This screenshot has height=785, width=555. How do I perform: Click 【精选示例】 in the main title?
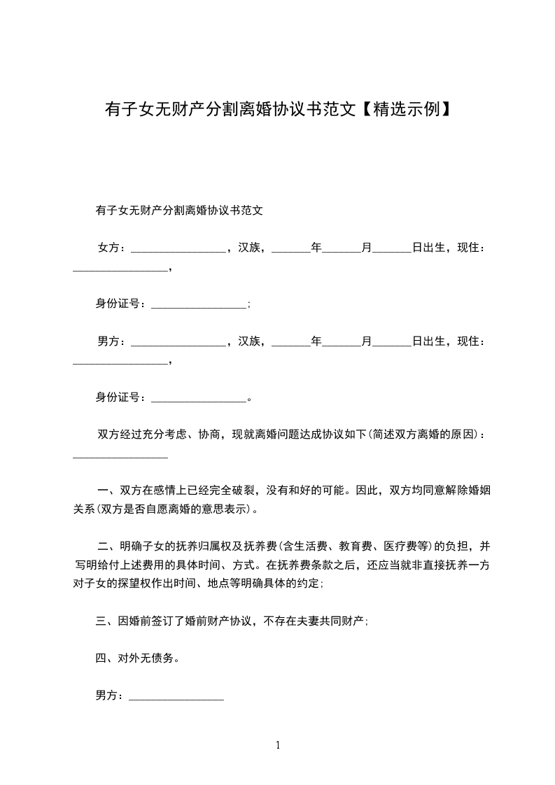[x=405, y=109]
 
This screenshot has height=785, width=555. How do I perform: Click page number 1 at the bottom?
[x=278, y=745]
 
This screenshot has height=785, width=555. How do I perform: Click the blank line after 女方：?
[x=178, y=249]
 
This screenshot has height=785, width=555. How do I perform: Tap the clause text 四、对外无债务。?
[x=137, y=658]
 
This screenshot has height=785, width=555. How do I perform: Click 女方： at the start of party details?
[x=111, y=248]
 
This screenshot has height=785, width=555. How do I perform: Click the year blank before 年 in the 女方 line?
[x=290, y=249]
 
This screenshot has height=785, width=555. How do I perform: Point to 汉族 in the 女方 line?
[x=249, y=248]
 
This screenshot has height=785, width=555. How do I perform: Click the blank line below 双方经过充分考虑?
[x=120, y=456]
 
